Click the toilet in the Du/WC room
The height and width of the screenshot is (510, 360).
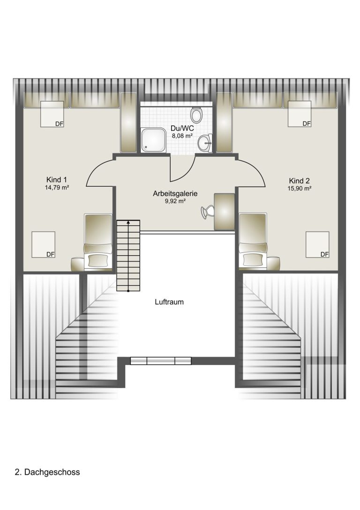[x=196, y=114]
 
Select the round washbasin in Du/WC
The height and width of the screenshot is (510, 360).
[x=205, y=143]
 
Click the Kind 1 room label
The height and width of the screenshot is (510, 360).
[x=57, y=180]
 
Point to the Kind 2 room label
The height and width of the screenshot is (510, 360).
[x=299, y=181]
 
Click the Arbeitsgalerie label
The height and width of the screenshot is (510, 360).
[x=175, y=193]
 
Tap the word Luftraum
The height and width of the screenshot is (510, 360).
[x=169, y=302]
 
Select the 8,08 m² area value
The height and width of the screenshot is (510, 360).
[x=183, y=136]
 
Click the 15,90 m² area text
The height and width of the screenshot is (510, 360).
[x=300, y=188]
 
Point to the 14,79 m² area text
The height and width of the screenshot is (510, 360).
[x=57, y=187]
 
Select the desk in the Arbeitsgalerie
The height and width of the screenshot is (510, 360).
[x=224, y=212]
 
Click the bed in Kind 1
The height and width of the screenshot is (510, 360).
[x=98, y=242]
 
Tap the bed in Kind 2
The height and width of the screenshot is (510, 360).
[x=253, y=241]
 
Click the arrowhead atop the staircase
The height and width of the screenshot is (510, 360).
[x=128, y=222]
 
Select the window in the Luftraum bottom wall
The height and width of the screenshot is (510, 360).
[x=160, y=361]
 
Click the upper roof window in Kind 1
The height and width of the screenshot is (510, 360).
[x=52, y=114]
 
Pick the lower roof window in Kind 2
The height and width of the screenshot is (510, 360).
[x=317, y=244]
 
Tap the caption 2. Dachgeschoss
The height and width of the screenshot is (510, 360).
[x=47, y=472]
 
